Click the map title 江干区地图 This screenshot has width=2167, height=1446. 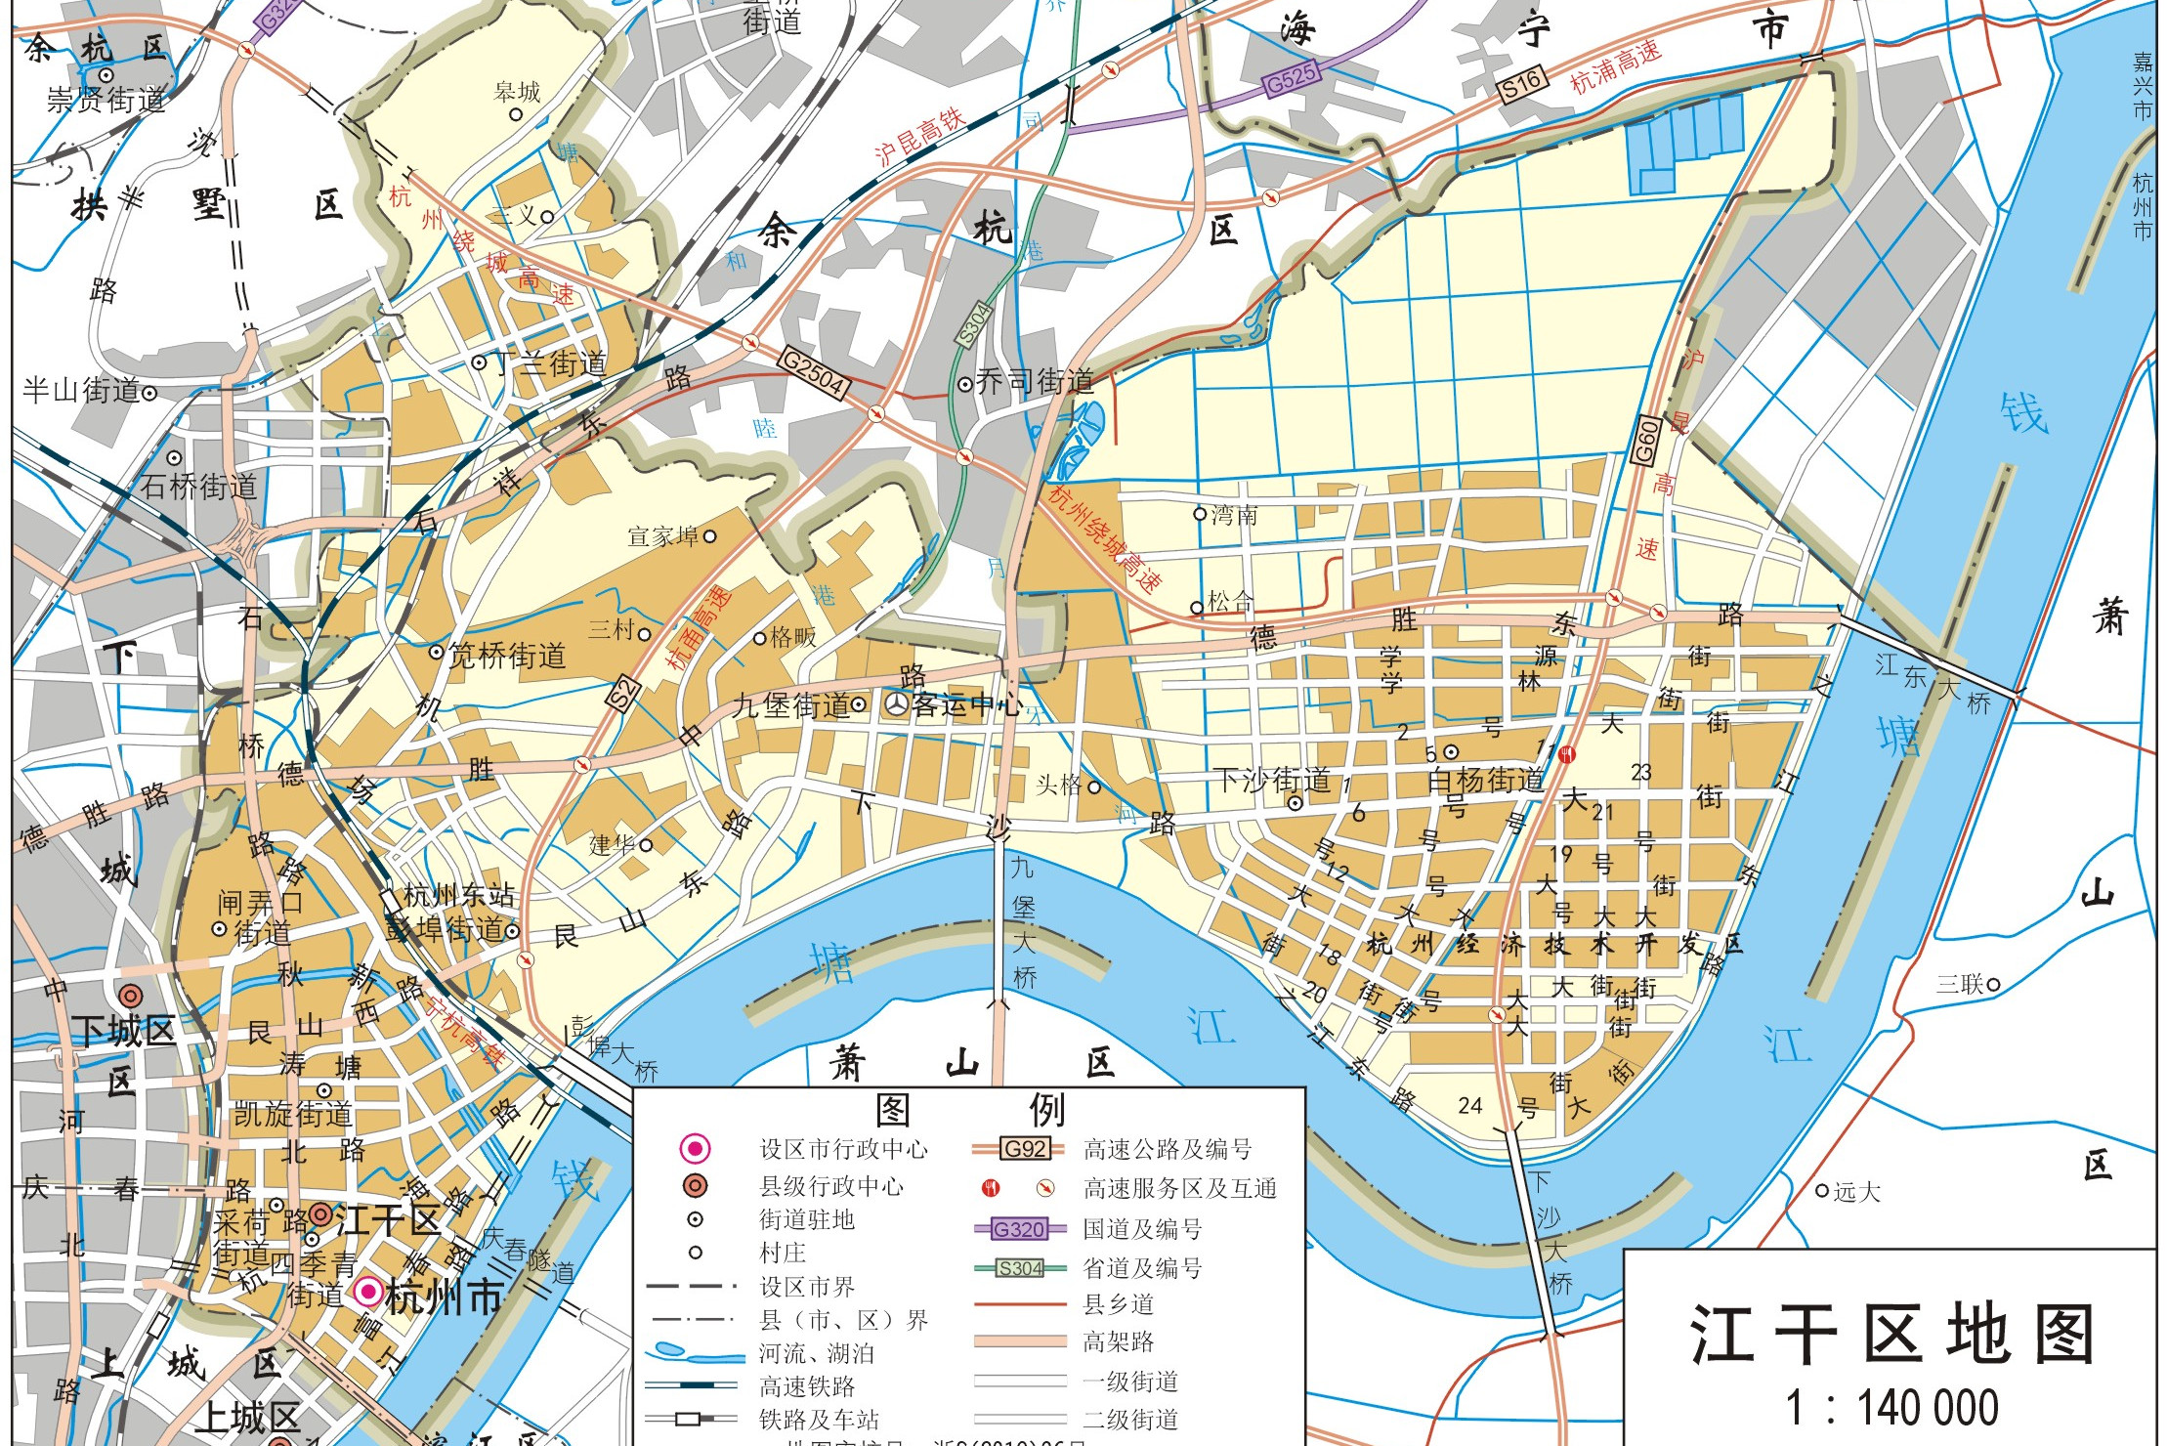1891,1334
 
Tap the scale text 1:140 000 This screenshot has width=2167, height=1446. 1891,1408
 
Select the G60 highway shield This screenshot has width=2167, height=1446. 1646,441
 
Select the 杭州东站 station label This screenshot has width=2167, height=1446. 458,895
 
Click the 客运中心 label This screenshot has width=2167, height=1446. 967,704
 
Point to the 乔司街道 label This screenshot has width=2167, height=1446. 1035,381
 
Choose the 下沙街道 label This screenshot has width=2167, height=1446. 1272,780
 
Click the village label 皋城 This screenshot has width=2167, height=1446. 517,93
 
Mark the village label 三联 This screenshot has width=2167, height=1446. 1960,984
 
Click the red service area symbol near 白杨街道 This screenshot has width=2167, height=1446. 1567,753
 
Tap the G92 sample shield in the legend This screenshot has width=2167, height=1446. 1024,1149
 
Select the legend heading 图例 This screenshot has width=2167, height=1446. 969,1110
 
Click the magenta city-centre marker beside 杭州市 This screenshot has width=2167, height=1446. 367,1293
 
